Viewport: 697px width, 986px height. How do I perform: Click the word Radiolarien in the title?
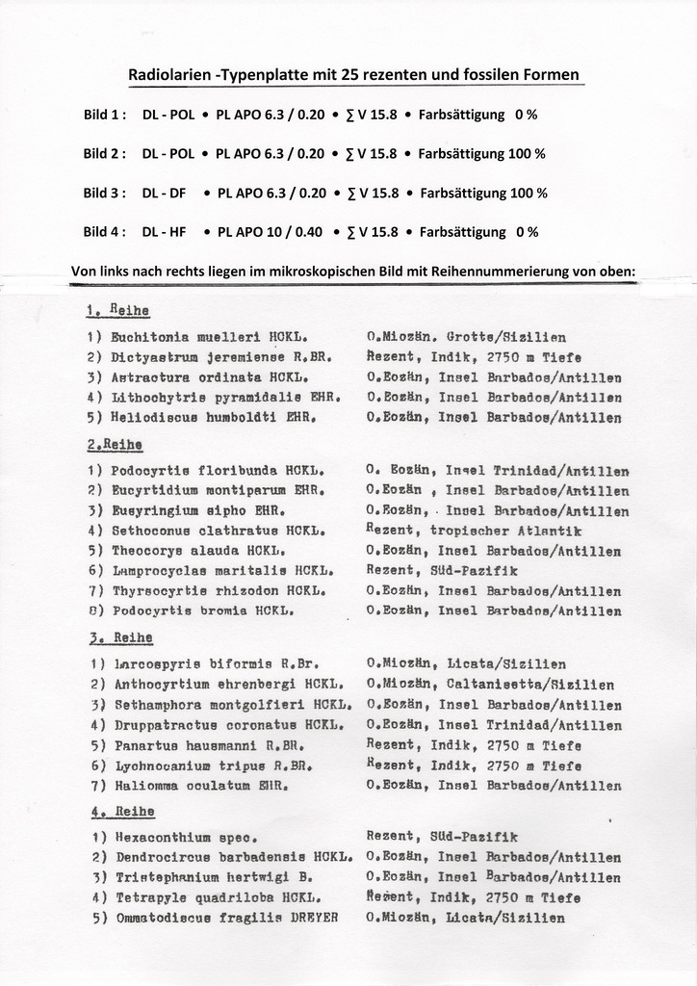[169, 75]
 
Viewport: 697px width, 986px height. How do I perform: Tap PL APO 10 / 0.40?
[266, 232]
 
